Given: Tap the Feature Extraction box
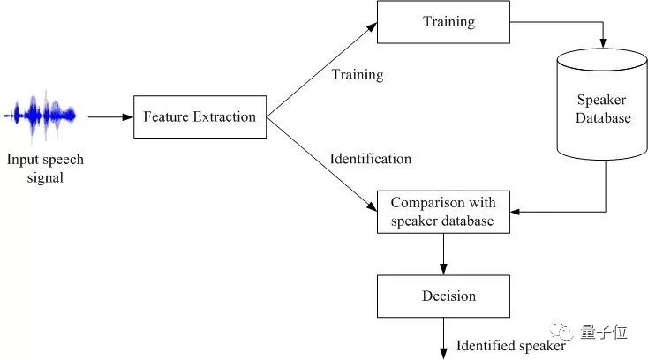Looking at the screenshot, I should [x=200, y=116].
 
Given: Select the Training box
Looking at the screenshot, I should [x=443, y=21].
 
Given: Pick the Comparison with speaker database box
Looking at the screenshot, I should [x=443, y=212].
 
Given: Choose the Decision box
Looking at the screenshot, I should [x=443, y=296].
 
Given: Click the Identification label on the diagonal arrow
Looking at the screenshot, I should [x=370, y=160].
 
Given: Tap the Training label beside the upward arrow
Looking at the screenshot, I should [x=358, y=75].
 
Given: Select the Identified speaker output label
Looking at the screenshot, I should [x=510, y=346].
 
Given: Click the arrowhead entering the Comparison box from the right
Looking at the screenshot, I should [x=516, y=212].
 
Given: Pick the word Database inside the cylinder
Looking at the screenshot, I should [x=604, y=117].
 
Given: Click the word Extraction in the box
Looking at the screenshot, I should [x=227, y=116].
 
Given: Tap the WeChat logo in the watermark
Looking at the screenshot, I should [x=561, y=332].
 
